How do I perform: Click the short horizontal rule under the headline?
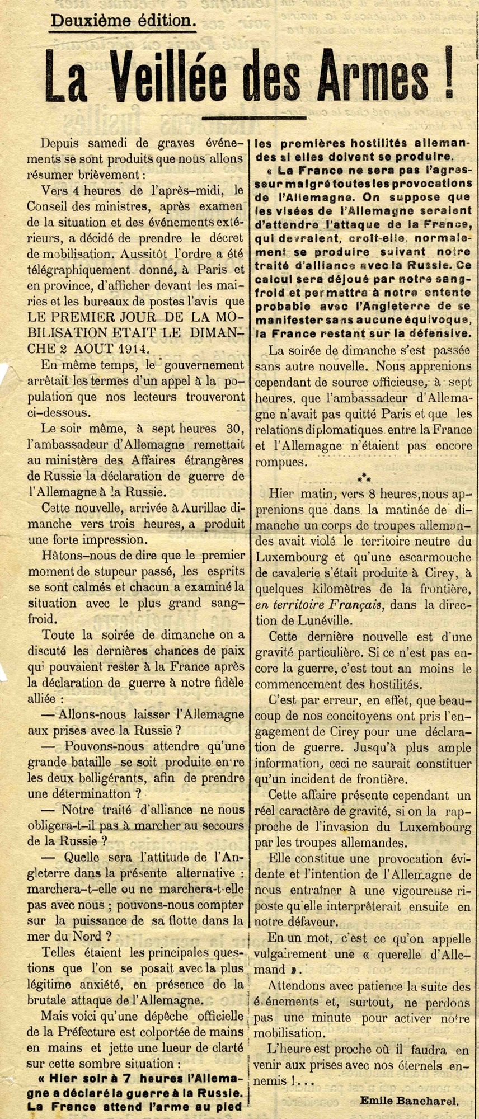[x=253, y=118]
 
